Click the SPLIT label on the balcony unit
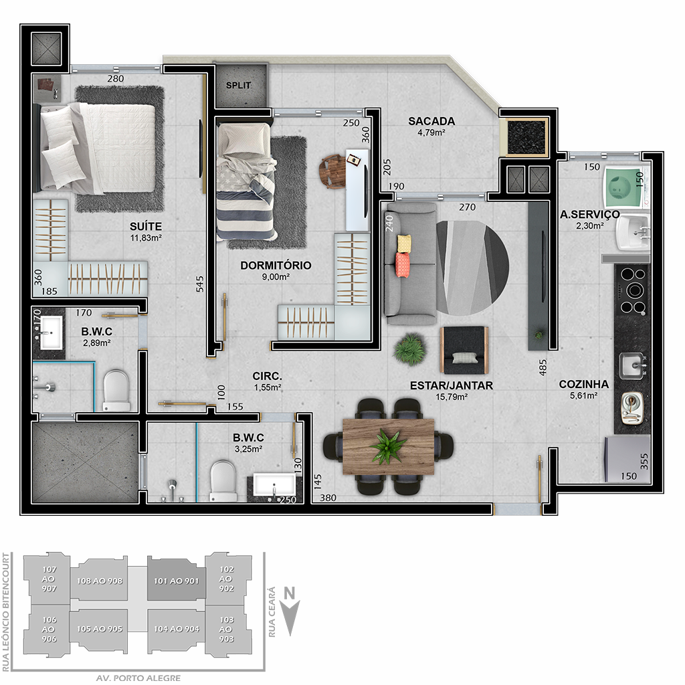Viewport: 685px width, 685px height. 238,85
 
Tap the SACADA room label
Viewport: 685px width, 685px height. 431,121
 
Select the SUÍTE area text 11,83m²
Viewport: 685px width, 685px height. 146,237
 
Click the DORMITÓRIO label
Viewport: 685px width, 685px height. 276,265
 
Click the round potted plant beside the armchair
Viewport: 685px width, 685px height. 409,349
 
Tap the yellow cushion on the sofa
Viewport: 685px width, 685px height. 404,243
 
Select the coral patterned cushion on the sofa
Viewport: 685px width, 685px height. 403,265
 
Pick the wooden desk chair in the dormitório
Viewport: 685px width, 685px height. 332,171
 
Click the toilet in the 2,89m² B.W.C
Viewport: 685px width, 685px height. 116,390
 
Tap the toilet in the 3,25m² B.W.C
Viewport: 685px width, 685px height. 223,482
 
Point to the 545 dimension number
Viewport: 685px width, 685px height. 199,284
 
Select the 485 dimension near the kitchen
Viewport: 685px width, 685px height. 543,368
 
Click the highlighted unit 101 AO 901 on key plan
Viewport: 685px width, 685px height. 176,581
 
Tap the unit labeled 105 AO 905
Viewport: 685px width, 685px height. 100,629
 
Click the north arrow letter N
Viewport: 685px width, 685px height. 290,593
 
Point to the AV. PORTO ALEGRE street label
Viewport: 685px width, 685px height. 138,678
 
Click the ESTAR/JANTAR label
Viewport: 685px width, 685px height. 452,386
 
